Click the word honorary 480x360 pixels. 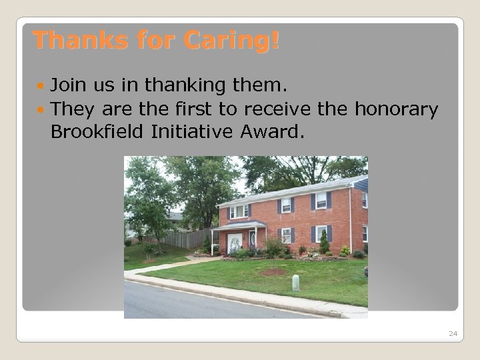coord(399,109)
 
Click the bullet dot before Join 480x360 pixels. coord(43,86)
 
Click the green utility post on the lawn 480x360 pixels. coord(295,283)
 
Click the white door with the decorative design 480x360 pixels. coord(235,243)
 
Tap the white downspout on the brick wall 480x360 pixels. coord(350,220)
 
